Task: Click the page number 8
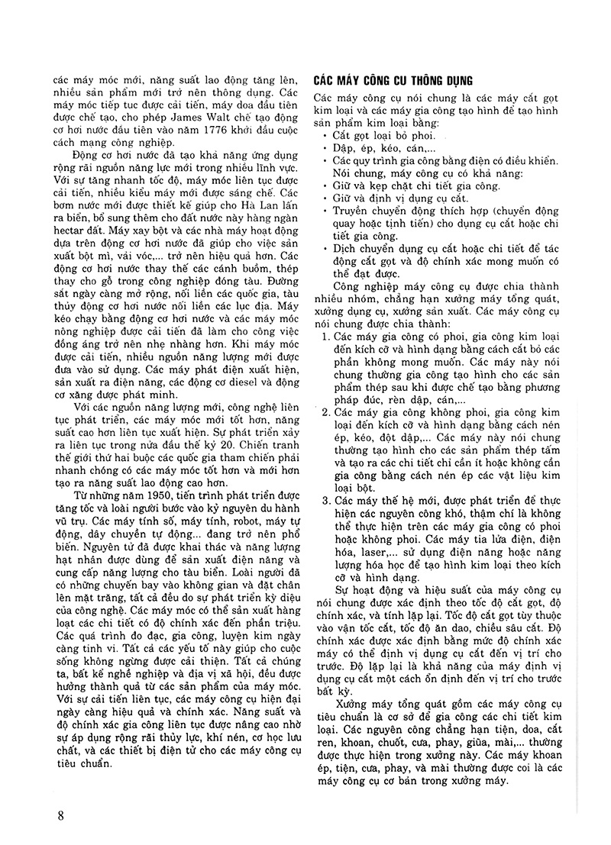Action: tap(60, 814)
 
